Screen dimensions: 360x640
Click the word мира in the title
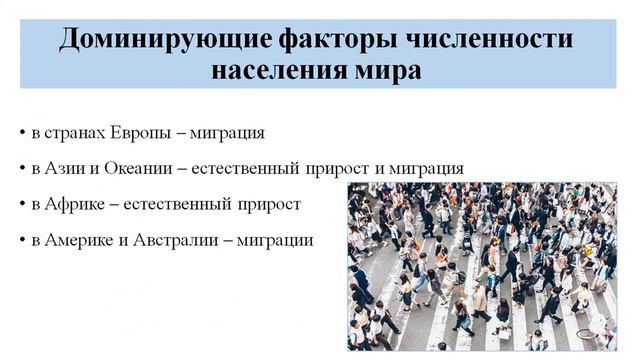tap(385, 71)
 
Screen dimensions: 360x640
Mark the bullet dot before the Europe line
tap(22, 133)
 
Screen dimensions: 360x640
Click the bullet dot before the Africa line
tap(22, 205)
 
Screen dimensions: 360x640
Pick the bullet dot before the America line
tap(22, 241)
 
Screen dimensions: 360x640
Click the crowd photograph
tap(482, 265)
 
